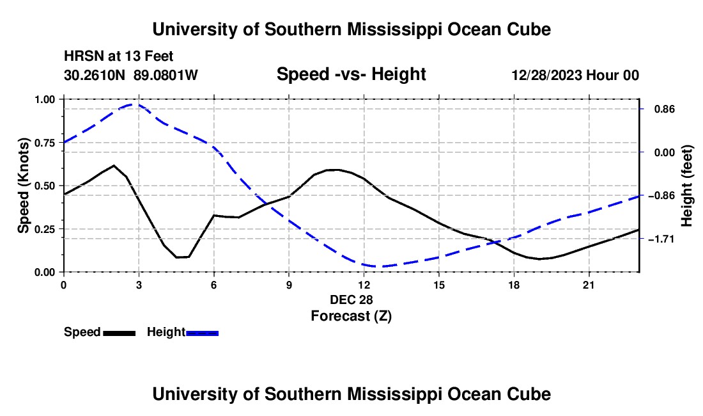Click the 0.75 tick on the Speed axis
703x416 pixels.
[45, 143]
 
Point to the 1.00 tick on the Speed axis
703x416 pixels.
[45, 99]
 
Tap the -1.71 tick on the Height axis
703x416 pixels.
[661, 239]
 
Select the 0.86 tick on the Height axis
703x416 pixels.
[665, 109]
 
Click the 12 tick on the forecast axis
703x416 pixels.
[364, 285]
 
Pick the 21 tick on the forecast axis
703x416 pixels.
[589, 285]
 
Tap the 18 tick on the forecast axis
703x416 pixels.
[514, 285]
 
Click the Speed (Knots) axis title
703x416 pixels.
[23, 186]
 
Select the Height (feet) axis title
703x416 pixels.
[686, 186]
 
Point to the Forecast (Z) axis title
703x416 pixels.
[351, 316]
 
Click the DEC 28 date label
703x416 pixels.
[351, 300]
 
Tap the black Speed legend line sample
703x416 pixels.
[120, 333]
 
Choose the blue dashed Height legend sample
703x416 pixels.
[202, 333]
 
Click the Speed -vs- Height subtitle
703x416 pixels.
[351, 74]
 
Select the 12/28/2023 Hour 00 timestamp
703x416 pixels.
[575, 75]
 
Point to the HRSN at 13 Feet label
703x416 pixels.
[118, 56]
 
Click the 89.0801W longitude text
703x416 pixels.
[166, 75]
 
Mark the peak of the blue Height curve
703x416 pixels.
[134, 104]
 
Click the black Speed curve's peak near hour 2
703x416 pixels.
[114, 166]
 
